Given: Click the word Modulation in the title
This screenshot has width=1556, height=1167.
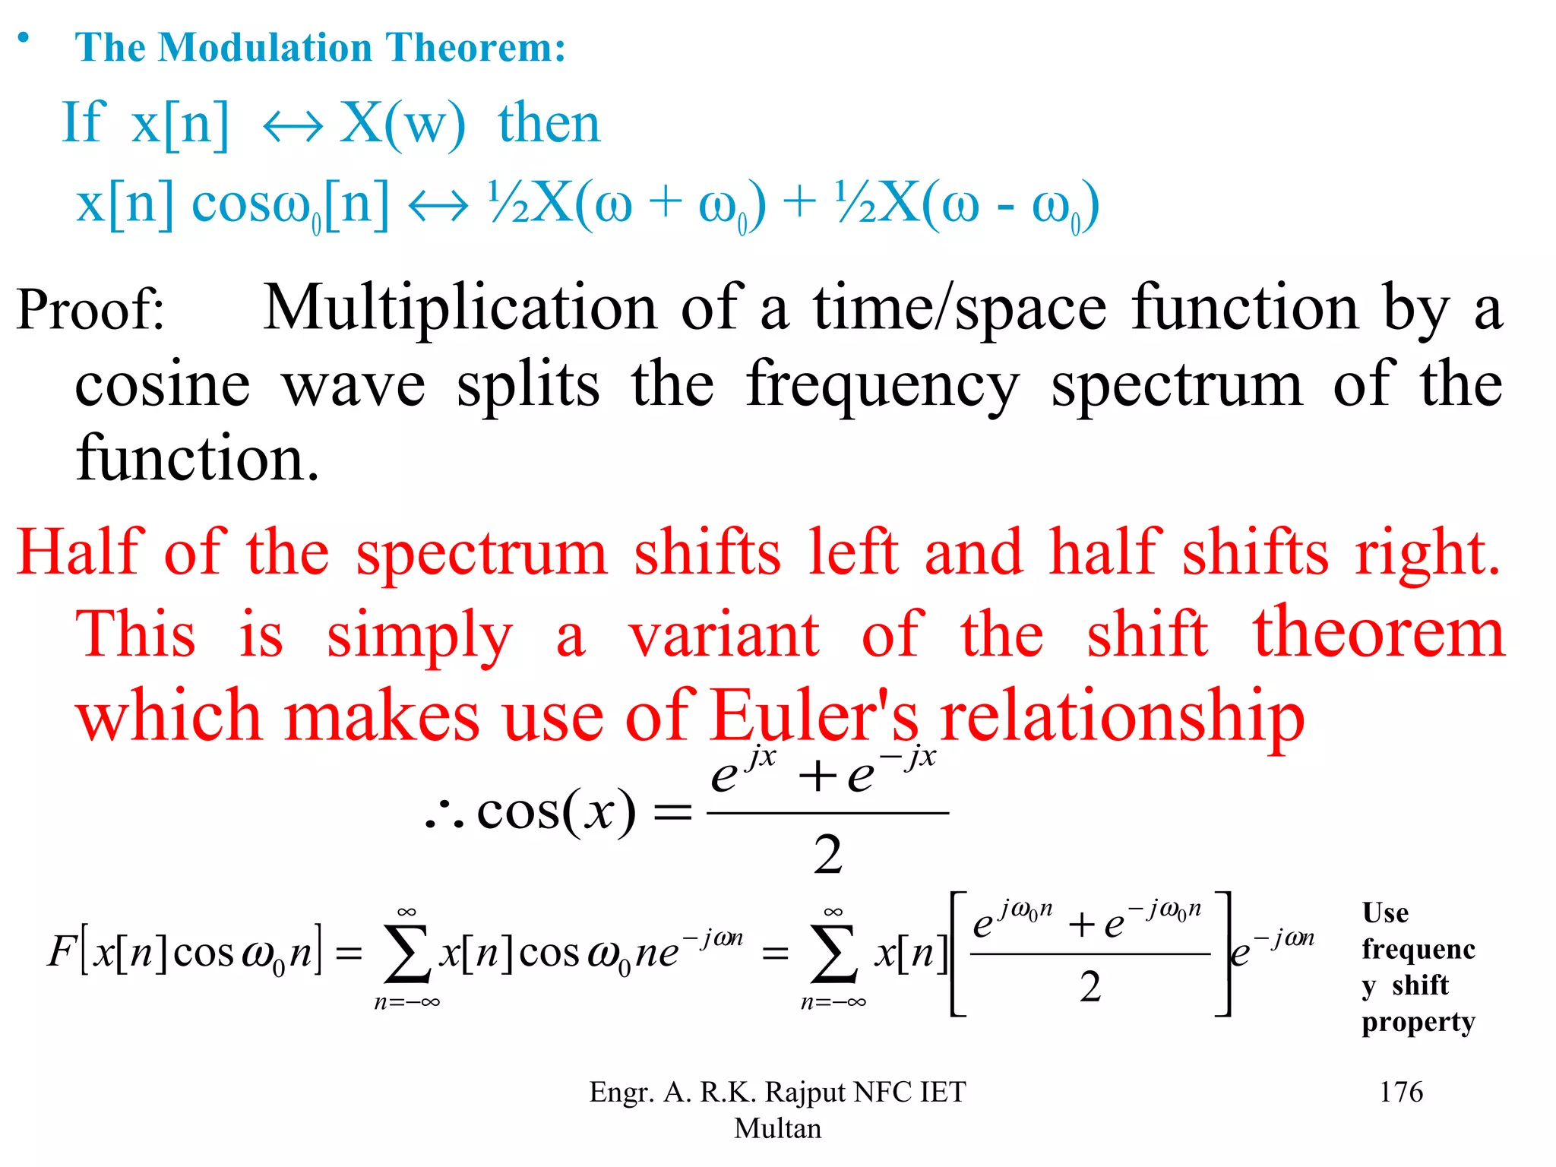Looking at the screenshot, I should point(264,47).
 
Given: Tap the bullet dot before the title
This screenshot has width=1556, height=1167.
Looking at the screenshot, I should point(24,38).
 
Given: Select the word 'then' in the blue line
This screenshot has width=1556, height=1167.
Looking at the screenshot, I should point(549,124).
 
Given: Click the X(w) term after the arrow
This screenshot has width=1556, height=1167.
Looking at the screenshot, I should point(401,124).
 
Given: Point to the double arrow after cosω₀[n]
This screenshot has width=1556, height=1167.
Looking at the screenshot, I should point(438,206).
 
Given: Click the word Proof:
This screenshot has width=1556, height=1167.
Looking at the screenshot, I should point(90,310).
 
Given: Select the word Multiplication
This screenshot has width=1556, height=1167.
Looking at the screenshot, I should point(460,308).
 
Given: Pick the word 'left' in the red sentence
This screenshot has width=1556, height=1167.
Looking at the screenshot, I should point(853,552).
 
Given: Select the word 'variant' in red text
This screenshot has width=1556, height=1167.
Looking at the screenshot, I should point(723,635).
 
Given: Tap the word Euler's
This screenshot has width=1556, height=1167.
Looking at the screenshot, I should point(814,716).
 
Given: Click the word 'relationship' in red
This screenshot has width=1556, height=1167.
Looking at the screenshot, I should point(1121,717).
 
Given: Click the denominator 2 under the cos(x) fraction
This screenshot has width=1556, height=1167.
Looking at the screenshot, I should point(827,855).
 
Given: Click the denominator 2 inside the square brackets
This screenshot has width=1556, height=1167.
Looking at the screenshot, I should point(1090,987).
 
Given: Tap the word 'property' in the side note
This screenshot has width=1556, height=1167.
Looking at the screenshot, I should point(1418,1023).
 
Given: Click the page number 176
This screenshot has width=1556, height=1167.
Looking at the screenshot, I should point(1400,1092).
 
